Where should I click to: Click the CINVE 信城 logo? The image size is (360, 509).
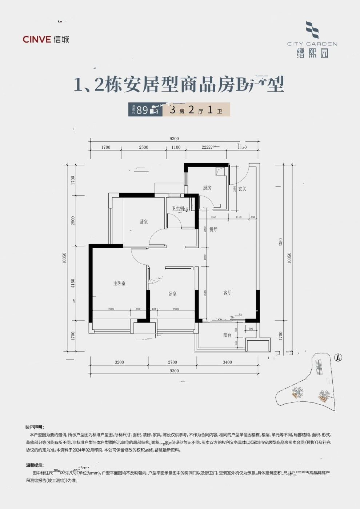46,39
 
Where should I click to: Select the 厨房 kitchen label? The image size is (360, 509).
207,188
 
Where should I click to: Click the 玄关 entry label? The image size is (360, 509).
243,189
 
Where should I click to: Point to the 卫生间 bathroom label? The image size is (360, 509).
179,209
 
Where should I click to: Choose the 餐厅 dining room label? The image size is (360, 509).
213,229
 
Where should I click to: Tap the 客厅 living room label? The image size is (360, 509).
227,293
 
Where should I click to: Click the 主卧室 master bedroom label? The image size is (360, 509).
119,283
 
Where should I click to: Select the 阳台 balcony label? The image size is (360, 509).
227,335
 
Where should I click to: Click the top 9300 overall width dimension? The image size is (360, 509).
174,139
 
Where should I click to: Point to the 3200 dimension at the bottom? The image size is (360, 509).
119,362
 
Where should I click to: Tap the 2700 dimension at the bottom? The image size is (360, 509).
172,362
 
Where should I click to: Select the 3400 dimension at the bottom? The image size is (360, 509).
227,362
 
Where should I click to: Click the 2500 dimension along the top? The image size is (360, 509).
144,147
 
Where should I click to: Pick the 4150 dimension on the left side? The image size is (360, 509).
73,284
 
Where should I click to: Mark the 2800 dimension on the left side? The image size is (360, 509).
73,221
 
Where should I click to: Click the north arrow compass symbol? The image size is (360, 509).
338,358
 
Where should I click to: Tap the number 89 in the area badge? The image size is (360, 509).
142,110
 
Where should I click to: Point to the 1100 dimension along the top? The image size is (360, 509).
176,147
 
